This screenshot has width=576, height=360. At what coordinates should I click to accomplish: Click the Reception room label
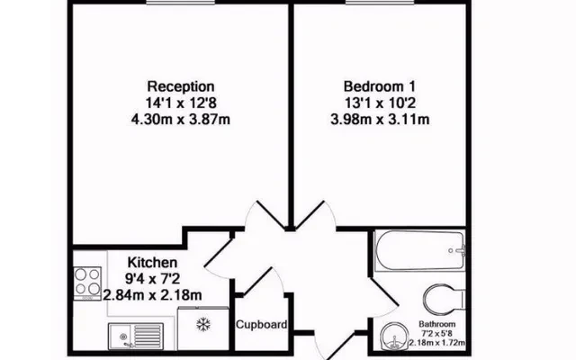181,86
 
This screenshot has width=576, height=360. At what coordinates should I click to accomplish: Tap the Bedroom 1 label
380,86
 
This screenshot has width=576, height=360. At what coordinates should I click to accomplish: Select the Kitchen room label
152,262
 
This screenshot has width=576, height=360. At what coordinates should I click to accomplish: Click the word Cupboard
262,325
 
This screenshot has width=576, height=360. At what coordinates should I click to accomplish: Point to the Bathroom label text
437,324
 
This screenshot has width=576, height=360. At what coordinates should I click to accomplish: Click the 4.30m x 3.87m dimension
181,120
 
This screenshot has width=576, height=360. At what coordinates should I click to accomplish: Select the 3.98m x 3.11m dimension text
380,120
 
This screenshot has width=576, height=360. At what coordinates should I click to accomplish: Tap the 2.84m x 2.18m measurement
152,294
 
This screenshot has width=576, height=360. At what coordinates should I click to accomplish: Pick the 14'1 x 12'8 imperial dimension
181,103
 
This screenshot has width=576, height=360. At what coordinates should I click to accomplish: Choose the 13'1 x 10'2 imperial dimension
380,103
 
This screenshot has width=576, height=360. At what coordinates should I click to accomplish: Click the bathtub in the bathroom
419,251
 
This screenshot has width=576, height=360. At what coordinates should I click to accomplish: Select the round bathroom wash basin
394,336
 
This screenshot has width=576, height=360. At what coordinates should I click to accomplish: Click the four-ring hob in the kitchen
87,283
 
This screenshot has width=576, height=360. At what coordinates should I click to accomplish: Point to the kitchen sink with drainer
136,336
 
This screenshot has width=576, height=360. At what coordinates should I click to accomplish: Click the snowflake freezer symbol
203,324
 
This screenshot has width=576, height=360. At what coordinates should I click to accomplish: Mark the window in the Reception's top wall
181,2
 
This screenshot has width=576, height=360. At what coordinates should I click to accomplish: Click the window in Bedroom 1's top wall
380,2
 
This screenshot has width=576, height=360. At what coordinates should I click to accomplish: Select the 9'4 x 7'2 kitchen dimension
152,279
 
